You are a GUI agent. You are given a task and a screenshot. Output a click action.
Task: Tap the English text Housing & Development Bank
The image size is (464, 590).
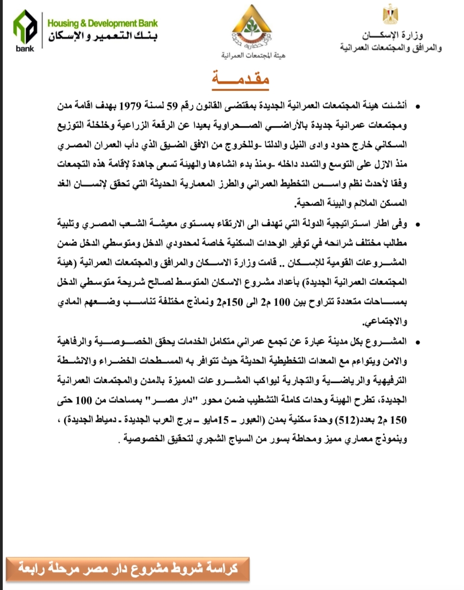[103, 23]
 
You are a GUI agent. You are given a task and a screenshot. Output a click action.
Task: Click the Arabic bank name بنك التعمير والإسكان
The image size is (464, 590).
[103, 36]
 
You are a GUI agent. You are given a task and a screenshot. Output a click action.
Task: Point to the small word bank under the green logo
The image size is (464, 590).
[24, 48]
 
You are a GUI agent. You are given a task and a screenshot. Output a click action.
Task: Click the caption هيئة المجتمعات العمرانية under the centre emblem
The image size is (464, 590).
[253, 55]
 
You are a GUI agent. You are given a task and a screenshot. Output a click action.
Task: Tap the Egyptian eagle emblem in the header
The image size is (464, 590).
[390, 14]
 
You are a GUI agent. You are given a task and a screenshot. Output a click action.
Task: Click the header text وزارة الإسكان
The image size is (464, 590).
[392, 35]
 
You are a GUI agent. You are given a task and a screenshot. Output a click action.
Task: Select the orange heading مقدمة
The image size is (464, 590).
[240, 79]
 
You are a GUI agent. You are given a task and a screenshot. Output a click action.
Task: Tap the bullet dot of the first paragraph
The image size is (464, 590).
[417, 107]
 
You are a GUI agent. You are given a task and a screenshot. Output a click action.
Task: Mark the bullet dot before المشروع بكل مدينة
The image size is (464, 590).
[417, 342]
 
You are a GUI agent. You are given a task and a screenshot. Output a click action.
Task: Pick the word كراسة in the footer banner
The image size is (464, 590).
[221, 568]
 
